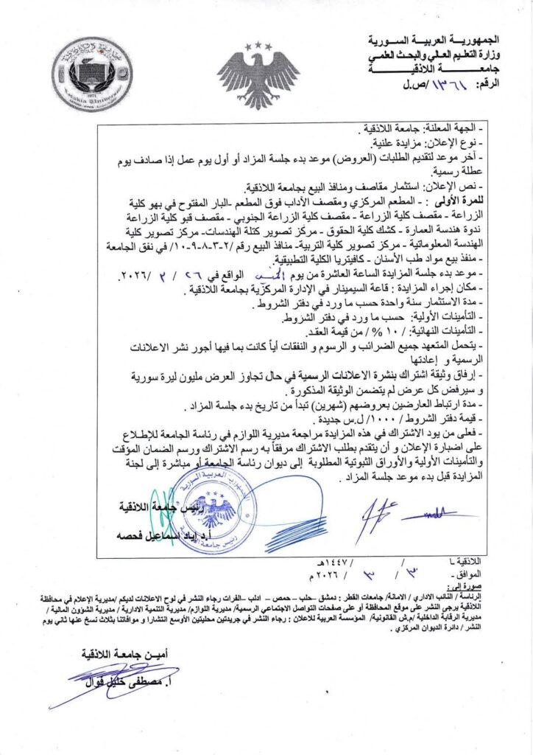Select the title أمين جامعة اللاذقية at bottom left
[x=118, y=653]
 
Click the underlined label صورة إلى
[x=465, y=584]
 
